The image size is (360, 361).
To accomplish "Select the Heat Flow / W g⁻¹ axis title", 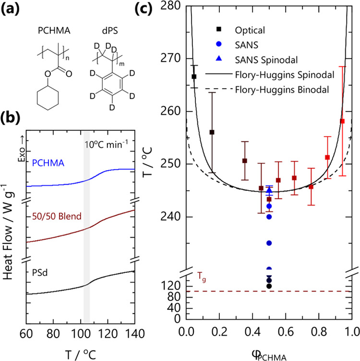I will tap(9, 230).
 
